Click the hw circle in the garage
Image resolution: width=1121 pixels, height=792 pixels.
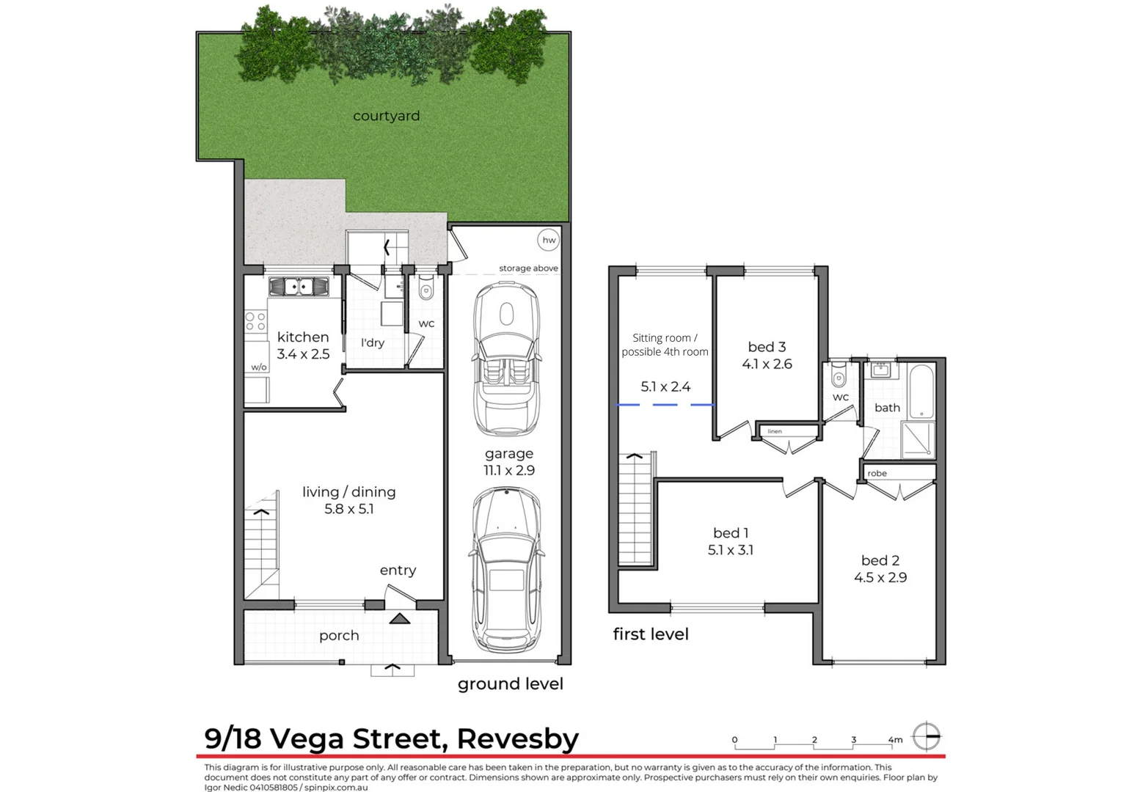point(549,240)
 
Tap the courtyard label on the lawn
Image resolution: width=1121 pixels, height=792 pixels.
point(386,116)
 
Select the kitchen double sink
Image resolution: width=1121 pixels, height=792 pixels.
point(299,286)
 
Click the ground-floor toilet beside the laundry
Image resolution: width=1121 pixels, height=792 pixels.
point(426,291)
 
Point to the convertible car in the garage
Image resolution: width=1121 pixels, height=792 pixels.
point(507,359)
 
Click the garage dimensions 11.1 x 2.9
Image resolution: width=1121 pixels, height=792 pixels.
point(508,471)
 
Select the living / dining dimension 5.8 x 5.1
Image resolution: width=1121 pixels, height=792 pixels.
point(349,509)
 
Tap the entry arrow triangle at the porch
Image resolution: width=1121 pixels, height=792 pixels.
point(400,619)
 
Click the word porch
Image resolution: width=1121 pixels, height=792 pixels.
point(339,636)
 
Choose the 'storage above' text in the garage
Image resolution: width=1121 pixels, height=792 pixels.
point(528,268)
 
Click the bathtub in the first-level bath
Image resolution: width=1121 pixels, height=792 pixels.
point(921,389)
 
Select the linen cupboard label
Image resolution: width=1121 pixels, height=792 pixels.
point(775,431)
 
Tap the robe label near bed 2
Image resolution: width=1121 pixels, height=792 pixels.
point(877,473)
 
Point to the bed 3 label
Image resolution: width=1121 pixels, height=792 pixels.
point(767,347)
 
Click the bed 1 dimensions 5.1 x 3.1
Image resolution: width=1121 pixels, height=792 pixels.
point(730,550)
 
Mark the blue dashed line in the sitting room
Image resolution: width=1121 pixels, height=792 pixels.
point(665,405)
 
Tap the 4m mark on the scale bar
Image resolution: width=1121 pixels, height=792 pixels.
point(895,740)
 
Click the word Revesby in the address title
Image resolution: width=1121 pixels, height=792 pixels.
point(517,738)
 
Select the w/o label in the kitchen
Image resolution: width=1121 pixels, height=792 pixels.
point(258,367)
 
